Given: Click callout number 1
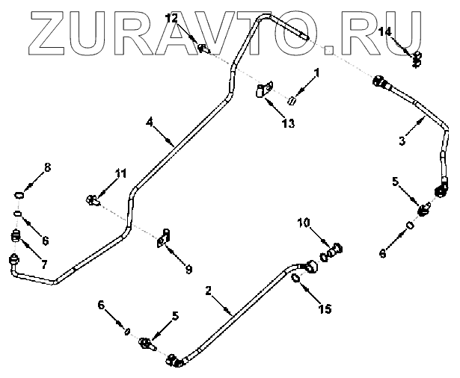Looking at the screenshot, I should click(316, 73).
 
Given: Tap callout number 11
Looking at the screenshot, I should click(120, 174).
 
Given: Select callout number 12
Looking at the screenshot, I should click(171, 17).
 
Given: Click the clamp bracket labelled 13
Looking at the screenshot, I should click(264, 91).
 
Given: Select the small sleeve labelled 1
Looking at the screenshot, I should click(293, 100).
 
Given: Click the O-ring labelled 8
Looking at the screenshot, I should click(20, 195).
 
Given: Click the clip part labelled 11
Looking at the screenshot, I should click(93, 199).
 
